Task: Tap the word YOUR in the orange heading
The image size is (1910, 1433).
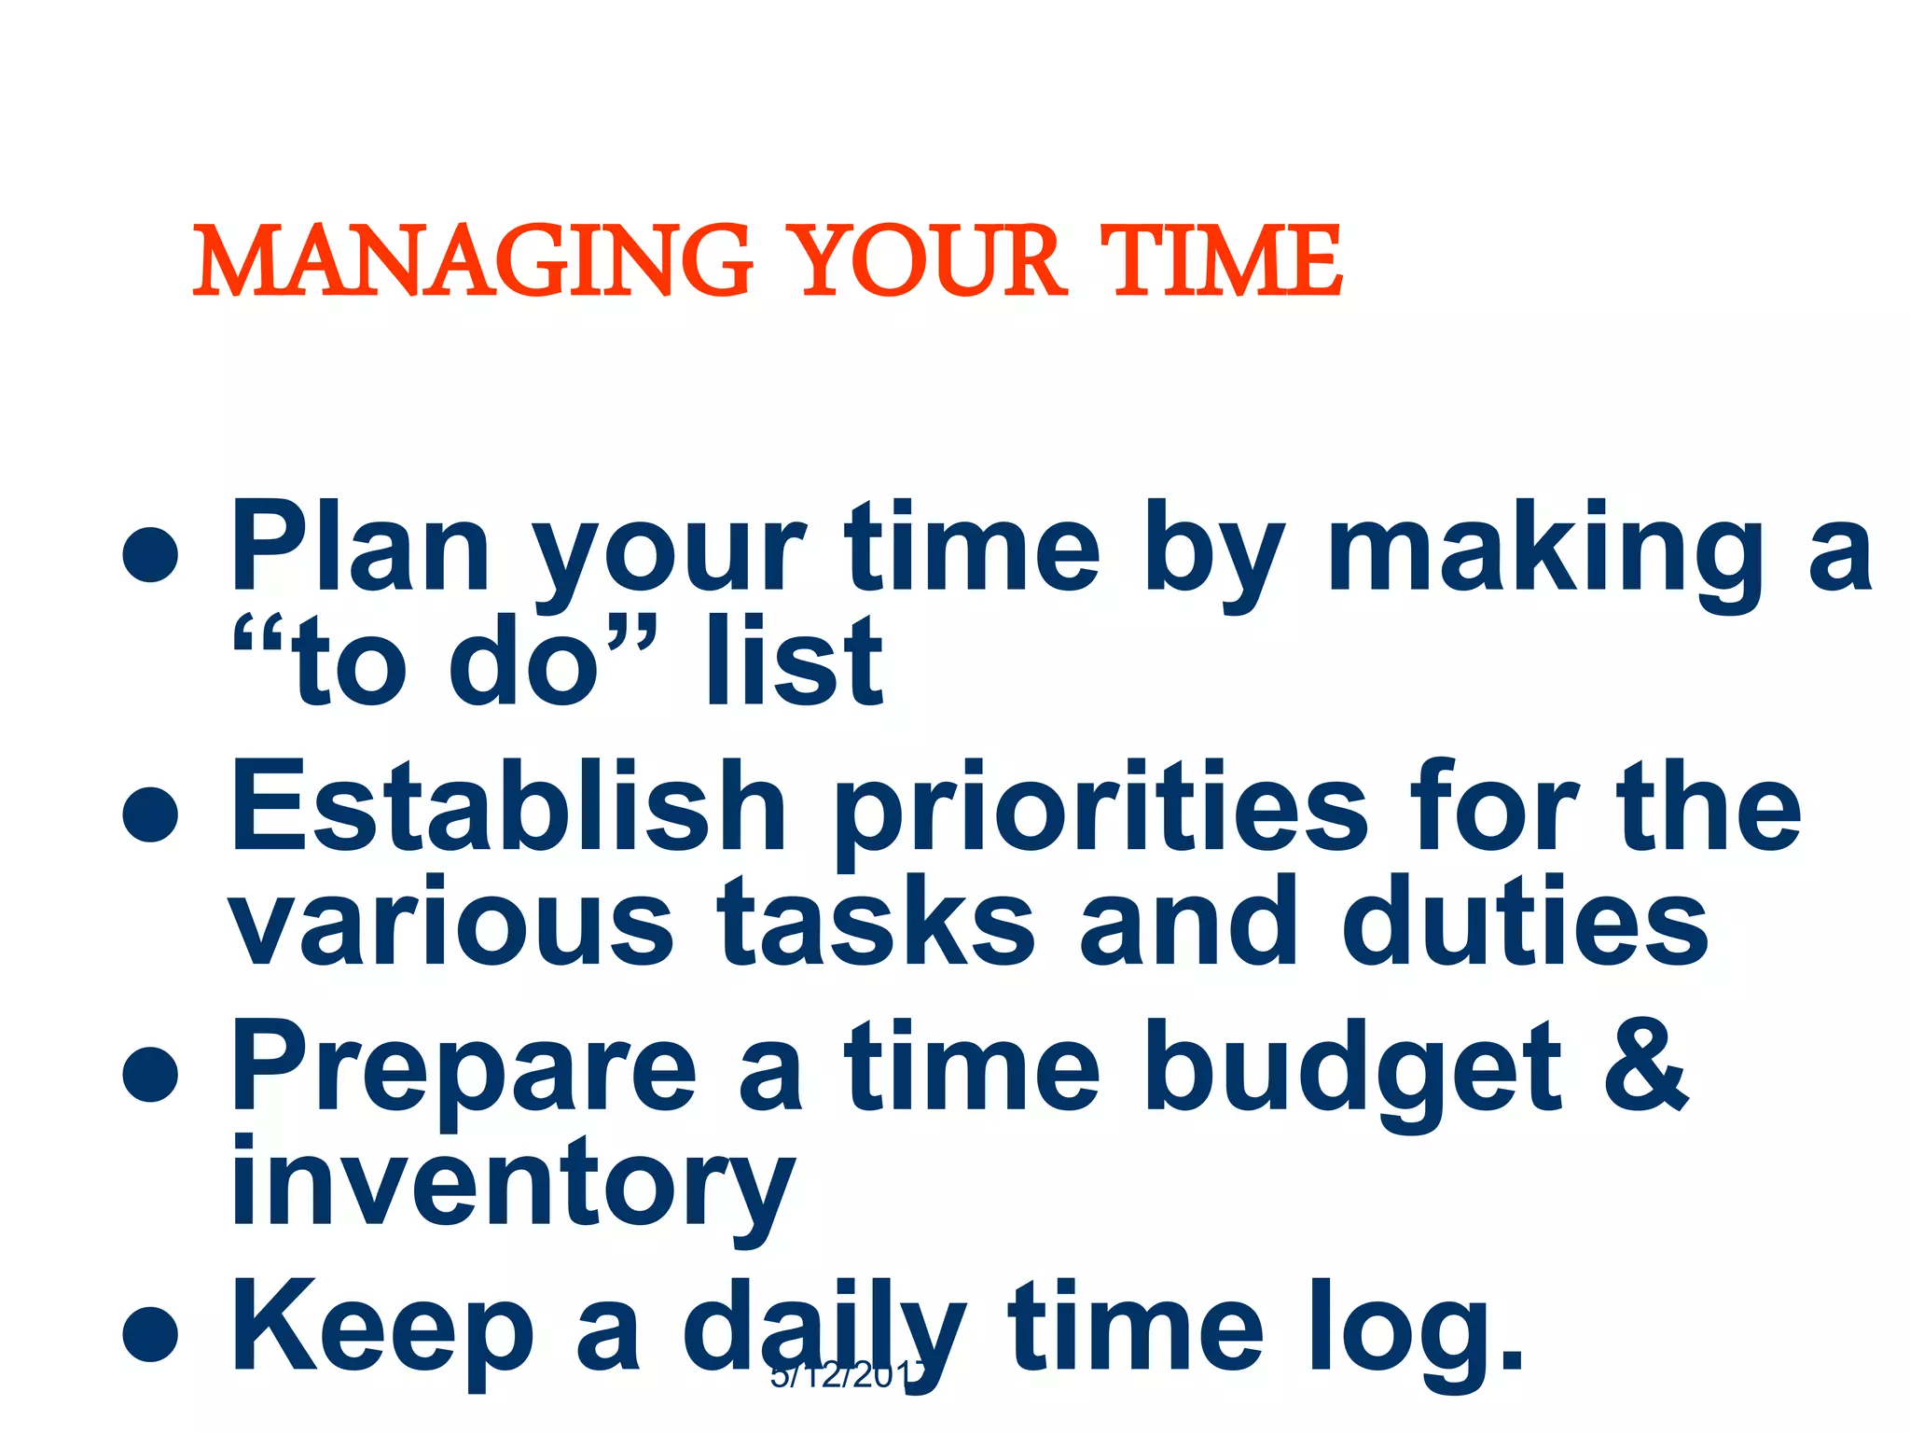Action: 930,261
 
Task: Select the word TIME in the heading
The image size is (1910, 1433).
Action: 1221,261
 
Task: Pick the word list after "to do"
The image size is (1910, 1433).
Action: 794,662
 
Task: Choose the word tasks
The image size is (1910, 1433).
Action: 876,925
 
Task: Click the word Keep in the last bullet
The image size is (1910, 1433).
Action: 382,1329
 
